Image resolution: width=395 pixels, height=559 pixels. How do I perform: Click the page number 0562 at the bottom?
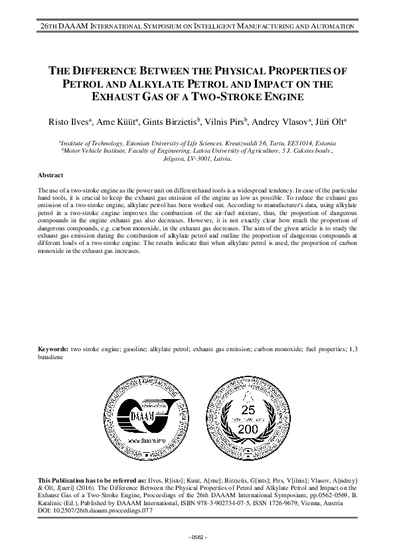click(x=198, y=536)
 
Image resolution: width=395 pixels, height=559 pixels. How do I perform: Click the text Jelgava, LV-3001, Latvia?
click(x=197, y=159)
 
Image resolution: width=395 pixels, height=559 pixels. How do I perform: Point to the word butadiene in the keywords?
click(x=50, y=357)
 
